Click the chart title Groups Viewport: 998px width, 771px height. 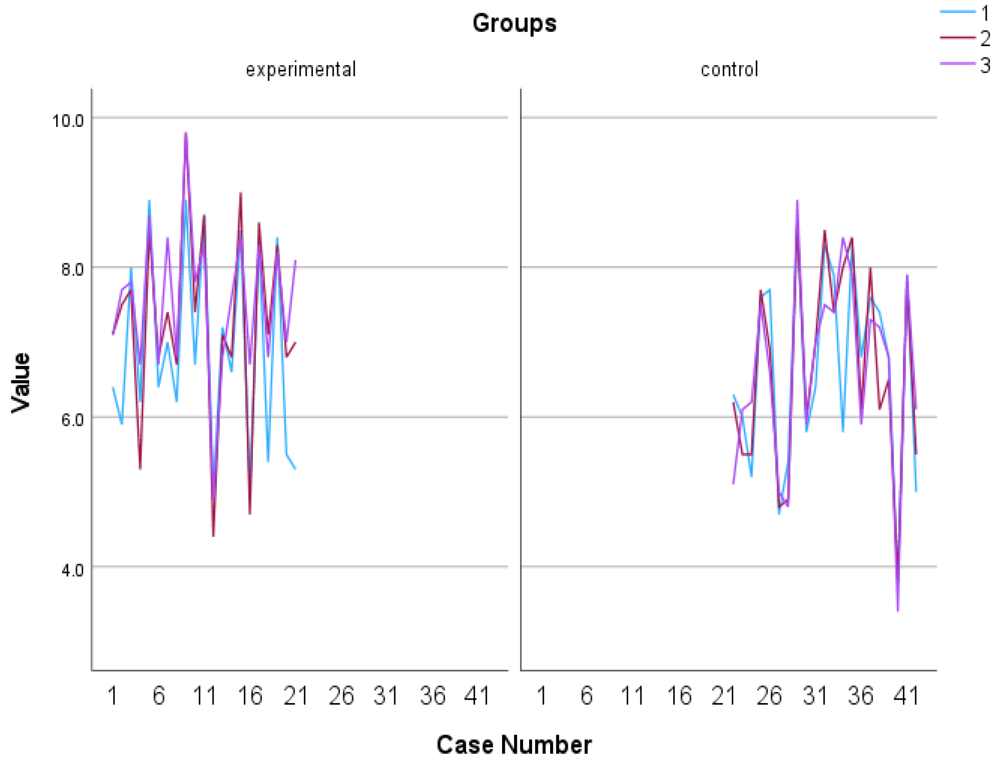514,23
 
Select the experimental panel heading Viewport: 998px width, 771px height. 300,69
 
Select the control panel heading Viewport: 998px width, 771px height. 729,69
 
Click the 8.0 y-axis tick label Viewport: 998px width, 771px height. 72,270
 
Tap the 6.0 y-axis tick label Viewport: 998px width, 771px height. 72,419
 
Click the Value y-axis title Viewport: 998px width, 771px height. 21,383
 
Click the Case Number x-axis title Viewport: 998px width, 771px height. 514,745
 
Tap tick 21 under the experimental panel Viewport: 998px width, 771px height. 296,696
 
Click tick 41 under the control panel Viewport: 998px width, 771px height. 906,696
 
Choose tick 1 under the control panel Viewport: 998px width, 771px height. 542,696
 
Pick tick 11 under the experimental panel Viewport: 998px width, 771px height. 204,696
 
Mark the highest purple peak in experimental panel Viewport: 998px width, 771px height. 186,133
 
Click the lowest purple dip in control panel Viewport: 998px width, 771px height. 898,610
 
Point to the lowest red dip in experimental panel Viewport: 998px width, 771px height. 213,536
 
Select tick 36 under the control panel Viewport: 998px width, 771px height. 861,696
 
